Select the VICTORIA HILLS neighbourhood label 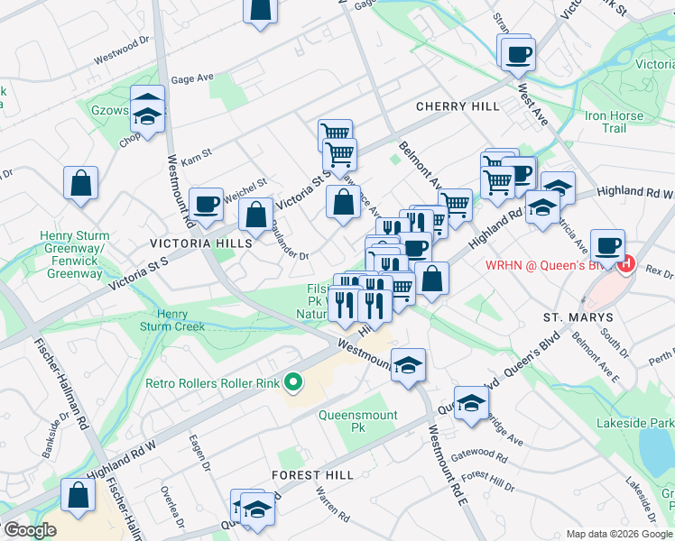(192, 243)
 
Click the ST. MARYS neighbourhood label (578, 318)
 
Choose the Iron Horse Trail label (615, 122)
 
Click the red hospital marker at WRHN (627, 265)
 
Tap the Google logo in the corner (29, 530)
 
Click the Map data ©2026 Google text (619, 534)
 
